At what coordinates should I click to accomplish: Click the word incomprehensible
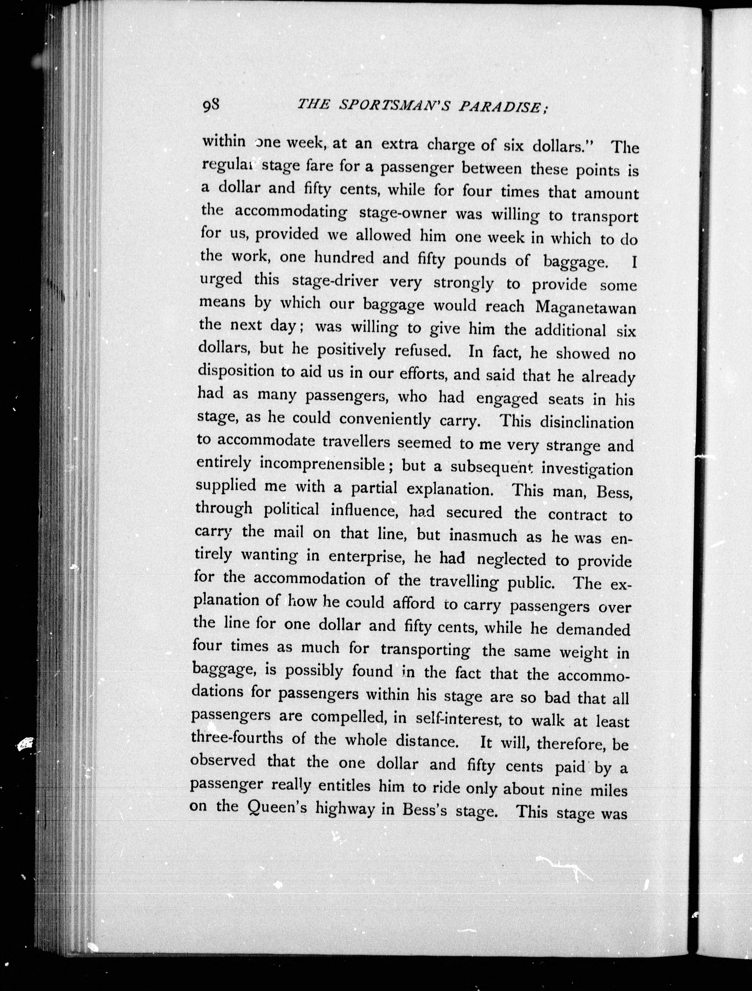[322, 464]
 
